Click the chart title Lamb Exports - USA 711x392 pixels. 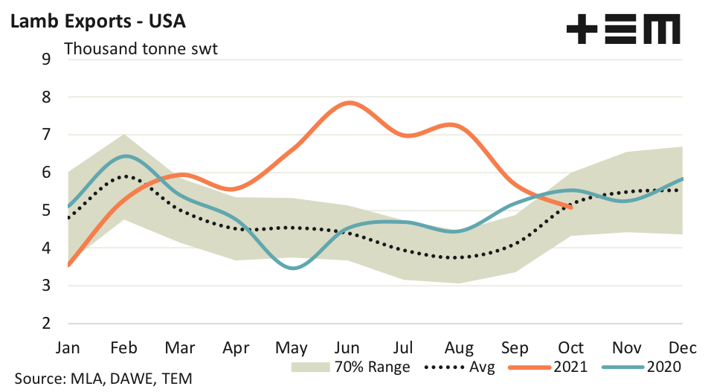pyautogui.click(x=97, y=20)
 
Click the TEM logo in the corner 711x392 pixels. pyautogui.click(x=623, y=30)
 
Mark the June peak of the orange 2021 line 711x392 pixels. pyautogui.click(x=347, y=103)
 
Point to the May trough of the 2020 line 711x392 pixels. pyautogui.click(x=293, y=268)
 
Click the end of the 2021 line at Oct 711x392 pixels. pyautogui.click(x=570, y=208)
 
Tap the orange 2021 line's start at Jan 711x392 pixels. pyautogui.click(x=68, y=265)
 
